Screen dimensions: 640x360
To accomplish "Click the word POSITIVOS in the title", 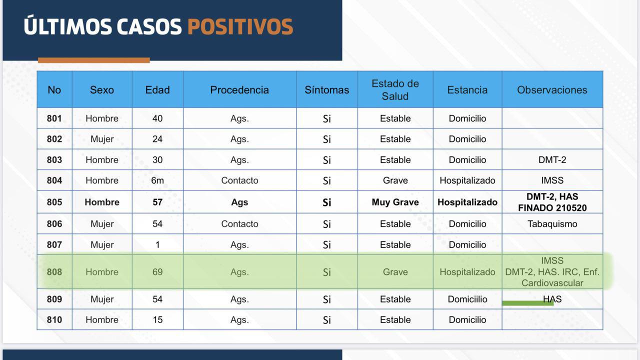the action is [x=240, y=27].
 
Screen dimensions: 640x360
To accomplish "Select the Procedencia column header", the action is [x=239, y=90].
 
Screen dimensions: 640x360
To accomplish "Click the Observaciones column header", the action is [x=552, y=90].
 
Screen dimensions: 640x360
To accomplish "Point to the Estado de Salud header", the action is [x=395, y=90].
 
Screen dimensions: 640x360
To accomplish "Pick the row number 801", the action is [x=54, y=118].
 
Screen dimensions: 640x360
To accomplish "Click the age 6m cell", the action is [x=157, y=180].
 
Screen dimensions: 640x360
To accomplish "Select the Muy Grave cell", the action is [x=395, y=202].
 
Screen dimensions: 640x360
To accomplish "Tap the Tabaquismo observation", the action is [x=552, y=223].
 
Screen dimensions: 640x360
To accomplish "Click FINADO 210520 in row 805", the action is [x=552, y=207].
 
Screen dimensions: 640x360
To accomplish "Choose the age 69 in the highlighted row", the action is [x=157, y=271].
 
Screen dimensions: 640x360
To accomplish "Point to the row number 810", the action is [x=54, y=319].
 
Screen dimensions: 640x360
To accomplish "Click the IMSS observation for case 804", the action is [x=552, y=180].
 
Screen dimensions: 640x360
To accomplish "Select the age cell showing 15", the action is [x=157, y=319].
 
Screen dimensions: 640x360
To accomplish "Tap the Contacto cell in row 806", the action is [x=239, y=223].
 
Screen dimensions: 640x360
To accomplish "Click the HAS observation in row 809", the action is [x=552, y=299].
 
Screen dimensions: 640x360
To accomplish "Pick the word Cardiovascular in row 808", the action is [x=552, y=283].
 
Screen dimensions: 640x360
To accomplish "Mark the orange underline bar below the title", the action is [x=93, y=60].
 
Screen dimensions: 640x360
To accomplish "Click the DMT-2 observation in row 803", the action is [x=552, y=159].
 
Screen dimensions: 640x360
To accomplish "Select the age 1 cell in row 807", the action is [x=157, y=244].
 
